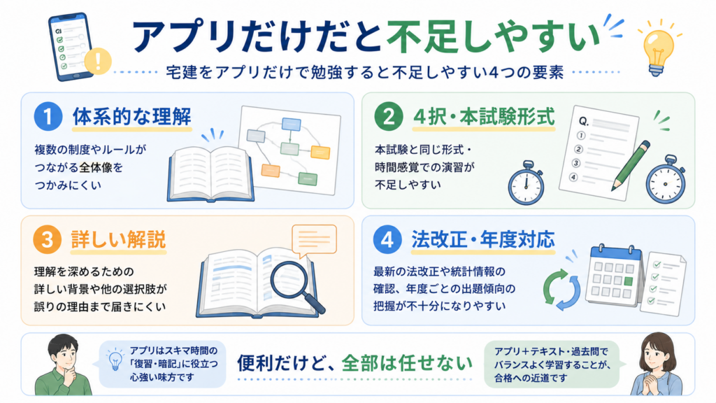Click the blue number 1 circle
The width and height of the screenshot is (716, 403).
[x=48, y=116]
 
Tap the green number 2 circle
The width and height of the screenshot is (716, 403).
[x=389, y=116]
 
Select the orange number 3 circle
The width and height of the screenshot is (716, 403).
[x=48, y=239]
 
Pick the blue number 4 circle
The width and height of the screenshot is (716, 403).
[x=387, y=239]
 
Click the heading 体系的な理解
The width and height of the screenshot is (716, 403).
[x=132, y=117]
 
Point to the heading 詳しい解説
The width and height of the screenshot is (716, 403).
[x=118, y=240]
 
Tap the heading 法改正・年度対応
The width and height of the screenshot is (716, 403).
[x=483, y=239]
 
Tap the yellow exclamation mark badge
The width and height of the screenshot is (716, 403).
[x=98, y=61]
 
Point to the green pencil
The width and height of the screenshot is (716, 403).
[x=631, y=165]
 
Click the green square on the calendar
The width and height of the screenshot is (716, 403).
[x=628, y=281]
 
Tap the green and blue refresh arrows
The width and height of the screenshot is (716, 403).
[x=561, y=290]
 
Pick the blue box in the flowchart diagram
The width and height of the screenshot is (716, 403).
[x=291, y=125]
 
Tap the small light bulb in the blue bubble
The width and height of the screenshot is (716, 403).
[x=115, y=360]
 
